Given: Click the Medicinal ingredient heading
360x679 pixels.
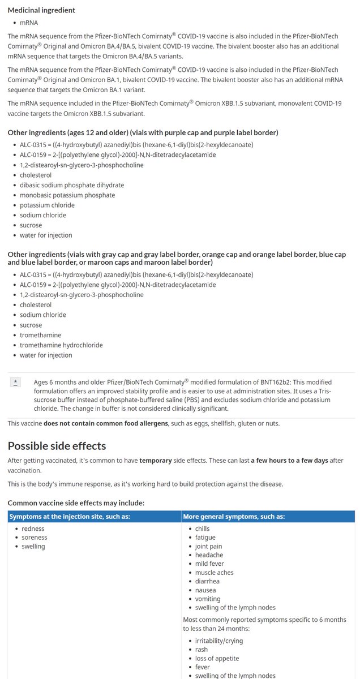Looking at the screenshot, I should pyautogui.click(x=41, y=10).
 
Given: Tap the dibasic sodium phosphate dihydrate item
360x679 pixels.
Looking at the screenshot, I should pyautogui.click(x=72, y=185).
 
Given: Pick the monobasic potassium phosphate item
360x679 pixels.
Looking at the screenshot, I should pyautogui.click(x=67, y=195).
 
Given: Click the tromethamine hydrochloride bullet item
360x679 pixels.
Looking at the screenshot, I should pyautogui.click(x=61, y=345).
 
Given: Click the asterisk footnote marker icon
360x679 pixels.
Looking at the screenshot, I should pyautogui.click(x=15, y=383).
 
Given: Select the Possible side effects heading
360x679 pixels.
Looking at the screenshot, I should pyautogui.click(x=57, y=445).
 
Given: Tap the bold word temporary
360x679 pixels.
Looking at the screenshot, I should pyautogui.click(x=156, y=461).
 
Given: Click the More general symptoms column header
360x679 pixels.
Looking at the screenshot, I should pyautogui.click(x=234, y=517).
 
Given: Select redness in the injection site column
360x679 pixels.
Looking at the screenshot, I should pyautogui.click(x=33, y=528).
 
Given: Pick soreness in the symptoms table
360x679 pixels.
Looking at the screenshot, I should pyautogui.click(x=35, y=538).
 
